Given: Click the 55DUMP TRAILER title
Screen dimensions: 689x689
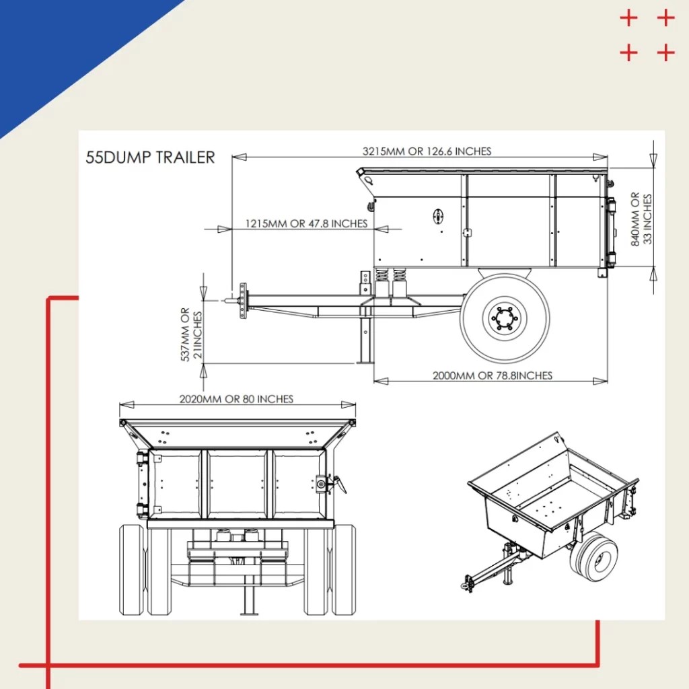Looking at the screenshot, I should coord(150,157).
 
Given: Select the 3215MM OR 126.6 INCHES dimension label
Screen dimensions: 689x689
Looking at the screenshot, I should coord(427,151).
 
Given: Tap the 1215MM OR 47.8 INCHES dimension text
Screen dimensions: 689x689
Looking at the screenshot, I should coord(306,223).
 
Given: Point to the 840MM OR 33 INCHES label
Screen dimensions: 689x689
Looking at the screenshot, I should coord(641,219).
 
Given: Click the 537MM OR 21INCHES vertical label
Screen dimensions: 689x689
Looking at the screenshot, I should coord(191,334).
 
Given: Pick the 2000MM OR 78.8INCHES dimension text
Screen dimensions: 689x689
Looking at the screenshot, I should coord(492,375).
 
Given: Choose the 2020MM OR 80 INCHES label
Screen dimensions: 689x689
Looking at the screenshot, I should coord(236,399).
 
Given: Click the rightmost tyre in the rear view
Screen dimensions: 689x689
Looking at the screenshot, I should coord(344,569).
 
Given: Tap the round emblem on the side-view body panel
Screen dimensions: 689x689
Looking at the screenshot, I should coord(438,215).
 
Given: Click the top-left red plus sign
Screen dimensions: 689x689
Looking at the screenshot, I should coord(628,18).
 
